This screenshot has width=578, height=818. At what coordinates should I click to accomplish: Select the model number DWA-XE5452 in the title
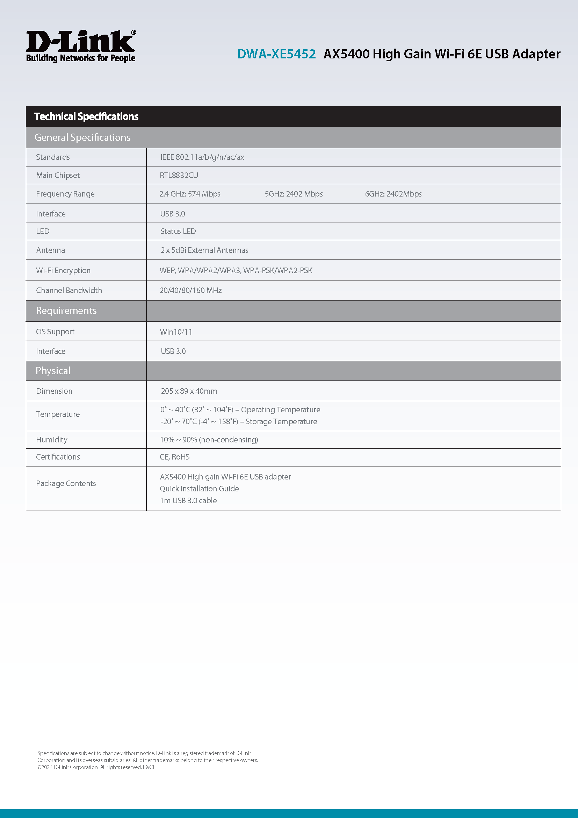click(x=276, y=54)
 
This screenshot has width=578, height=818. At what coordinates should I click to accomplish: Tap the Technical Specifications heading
click(x=86, y=116)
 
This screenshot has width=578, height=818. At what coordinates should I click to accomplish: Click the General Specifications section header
click(x=82, y=137)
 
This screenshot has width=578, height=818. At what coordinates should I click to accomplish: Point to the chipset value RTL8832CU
click(x=179, y=175)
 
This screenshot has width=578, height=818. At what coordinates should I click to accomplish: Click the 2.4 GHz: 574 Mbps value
click(x=190, y=194)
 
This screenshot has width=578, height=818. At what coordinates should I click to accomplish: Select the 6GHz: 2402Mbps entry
click(x=393, y=194)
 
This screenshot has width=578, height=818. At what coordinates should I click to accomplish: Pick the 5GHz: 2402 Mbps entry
click(x=294, y=194)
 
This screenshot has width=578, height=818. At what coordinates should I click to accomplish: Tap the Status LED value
click(x=178, y=231)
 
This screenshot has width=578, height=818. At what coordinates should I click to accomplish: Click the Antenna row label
click(x=51, y=250)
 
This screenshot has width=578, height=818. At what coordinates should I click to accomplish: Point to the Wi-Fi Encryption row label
click(x=63, y=270)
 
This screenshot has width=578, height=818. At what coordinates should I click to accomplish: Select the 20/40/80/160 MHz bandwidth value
click(x=191, y=290)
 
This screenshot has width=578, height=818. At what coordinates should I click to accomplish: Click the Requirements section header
click(x=66, y=311)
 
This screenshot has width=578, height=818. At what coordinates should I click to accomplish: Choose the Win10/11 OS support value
click(x=176, y=332)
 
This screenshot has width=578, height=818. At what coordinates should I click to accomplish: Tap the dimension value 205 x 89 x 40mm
click(x=189, y=391)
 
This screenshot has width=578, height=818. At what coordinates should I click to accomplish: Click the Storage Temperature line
click(x=238, y=421)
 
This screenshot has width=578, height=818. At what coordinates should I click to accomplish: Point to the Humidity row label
click(x=52, y=440)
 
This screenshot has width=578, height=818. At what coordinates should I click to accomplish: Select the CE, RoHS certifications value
click(x=175, y=457)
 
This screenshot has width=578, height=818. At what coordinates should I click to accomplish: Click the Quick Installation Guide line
click(x=199, y=489)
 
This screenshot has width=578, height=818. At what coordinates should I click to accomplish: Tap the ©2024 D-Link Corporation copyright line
click(x=97, y=767)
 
